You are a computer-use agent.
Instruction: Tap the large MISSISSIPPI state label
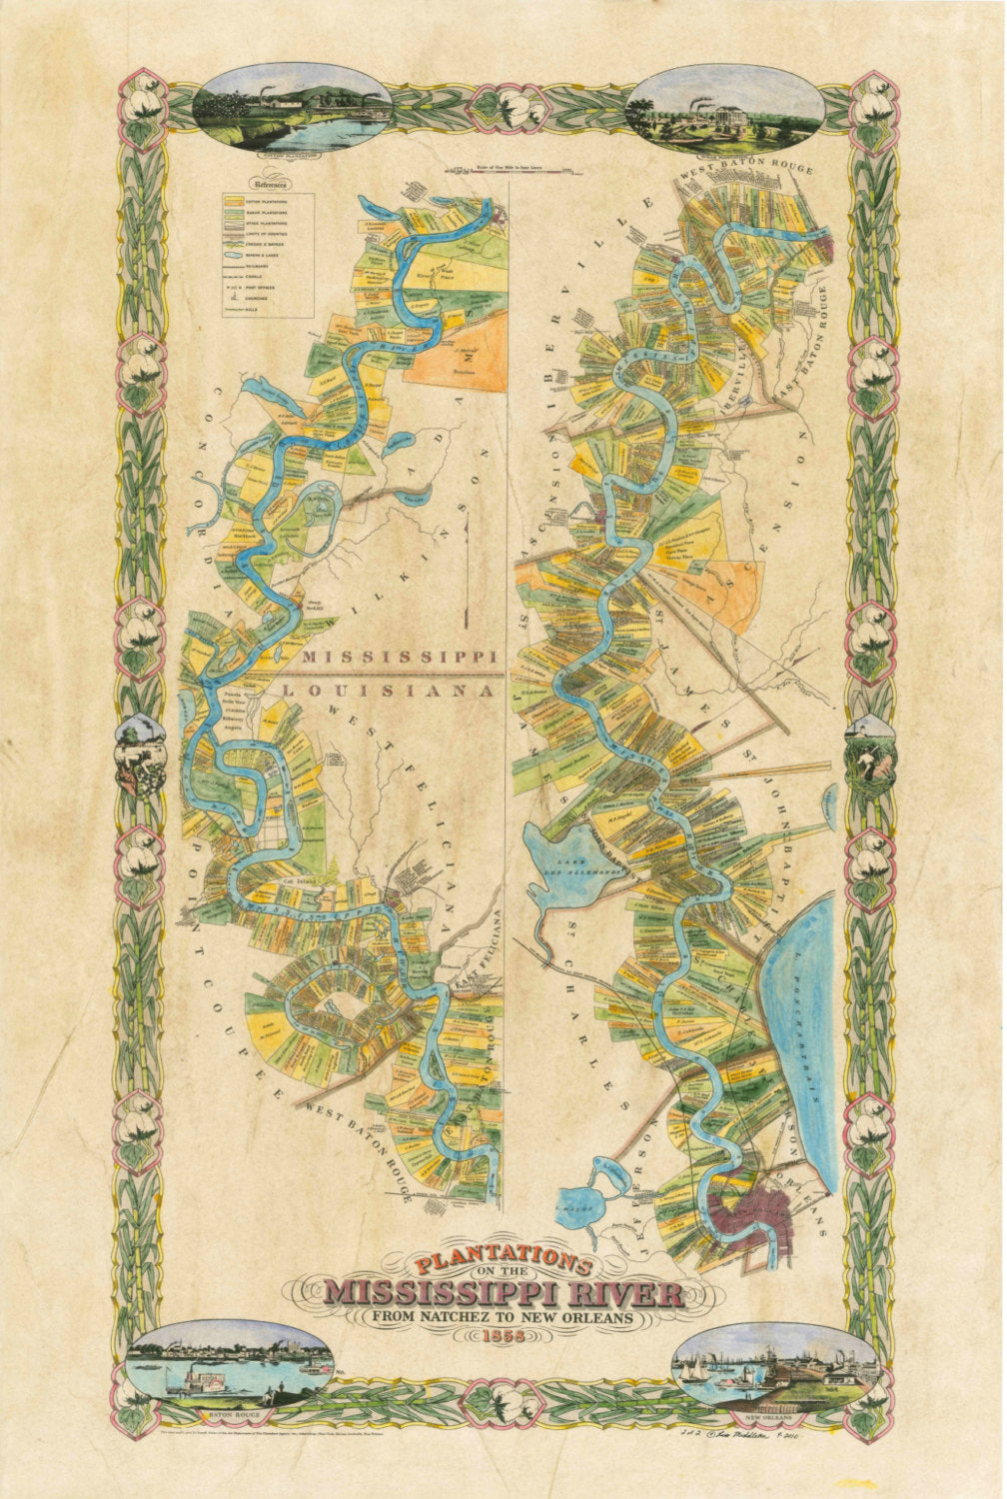[400, 657]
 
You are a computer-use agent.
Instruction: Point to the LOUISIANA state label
[391, 691]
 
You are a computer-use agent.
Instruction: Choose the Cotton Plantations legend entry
[262, 202]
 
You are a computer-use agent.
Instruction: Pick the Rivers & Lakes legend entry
[262, 255]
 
